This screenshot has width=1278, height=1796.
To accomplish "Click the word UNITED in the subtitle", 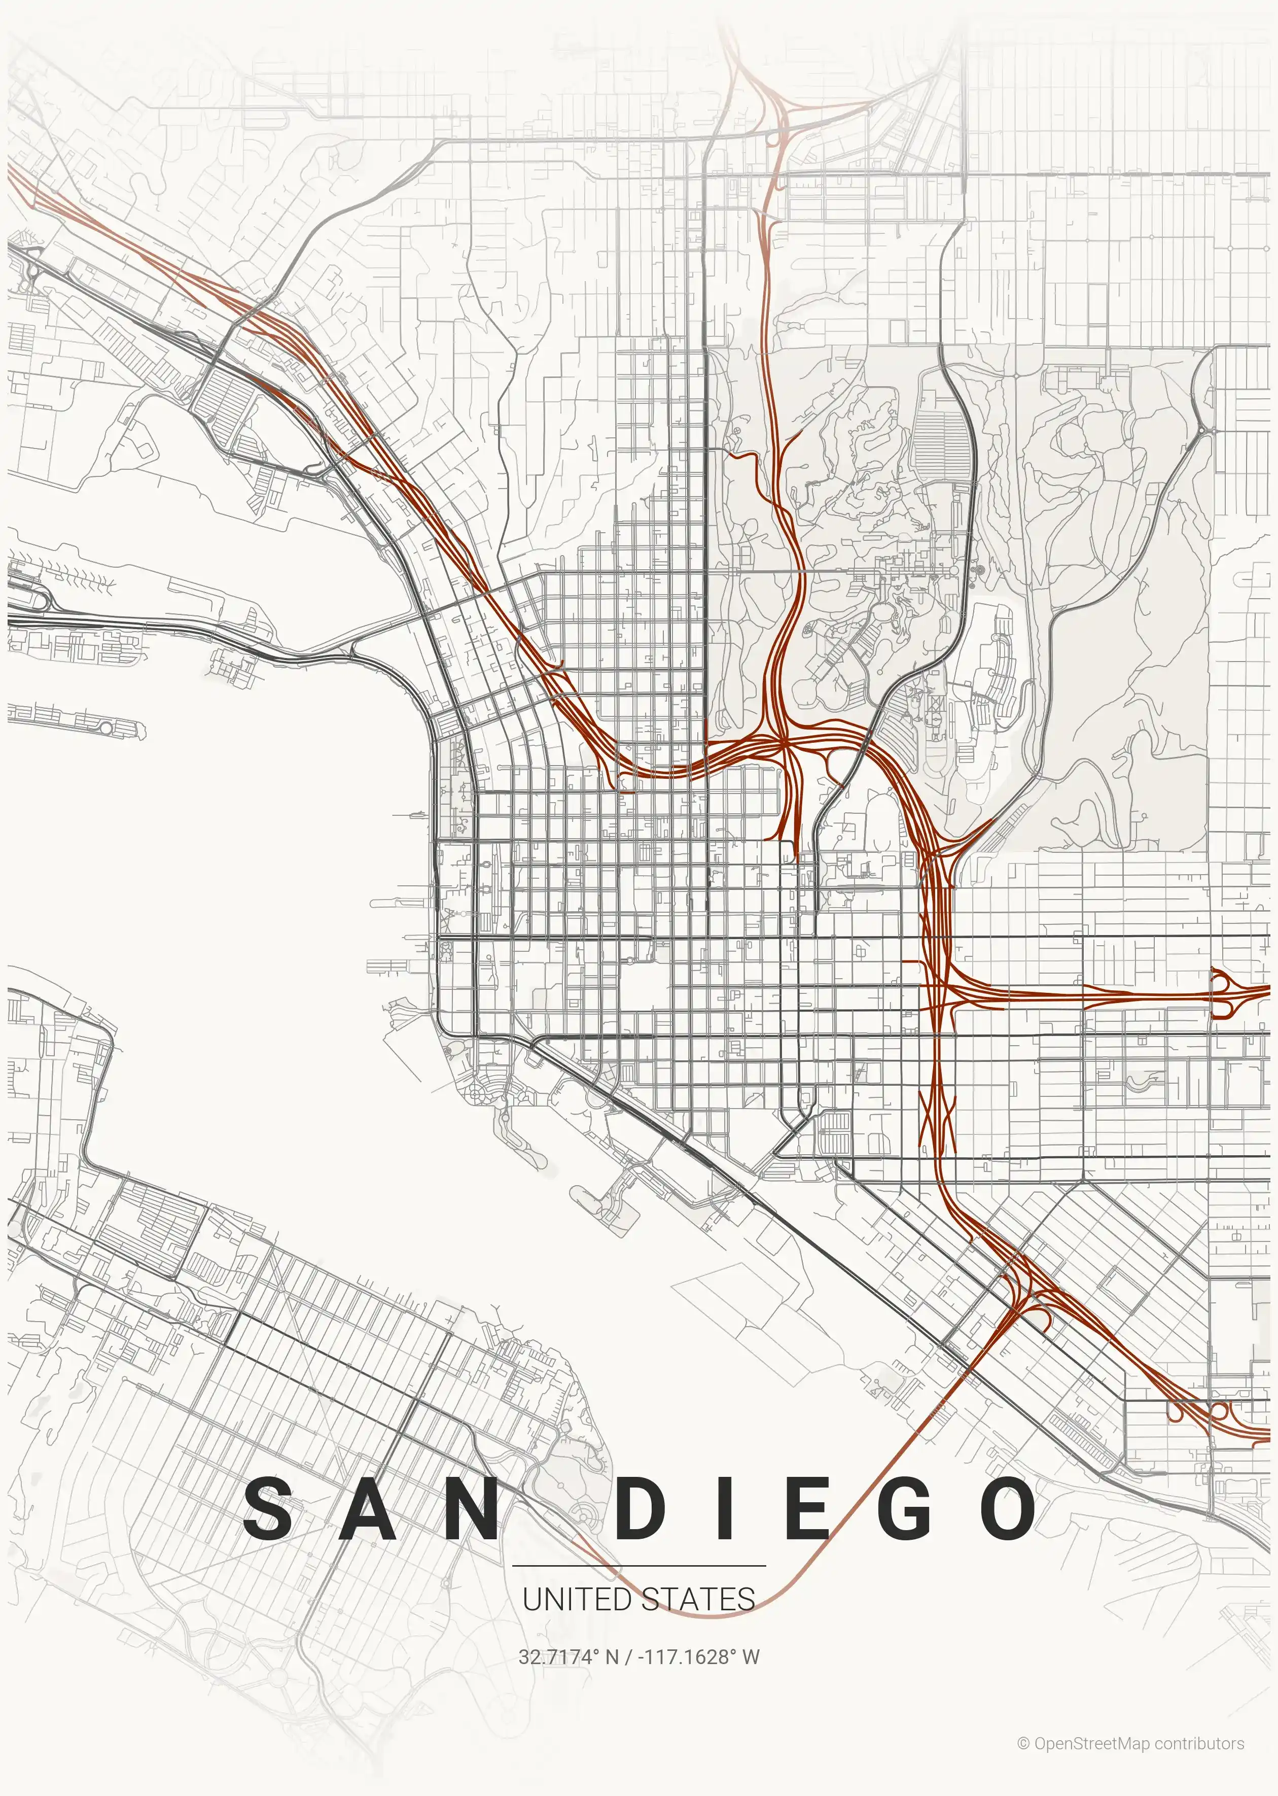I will point(577,1599).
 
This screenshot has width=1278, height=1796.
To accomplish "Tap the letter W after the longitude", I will point(751,1656).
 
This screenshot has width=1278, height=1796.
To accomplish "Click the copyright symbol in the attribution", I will point(1023,1743).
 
